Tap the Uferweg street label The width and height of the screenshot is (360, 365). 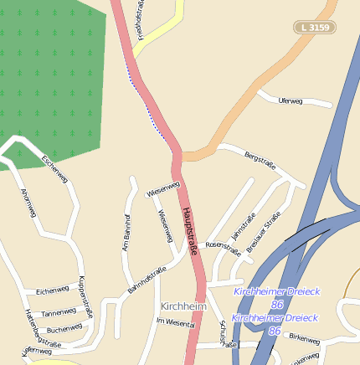pos(290,100)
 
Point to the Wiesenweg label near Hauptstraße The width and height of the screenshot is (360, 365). pos(163,191)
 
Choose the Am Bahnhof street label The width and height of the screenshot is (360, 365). pos(127,234)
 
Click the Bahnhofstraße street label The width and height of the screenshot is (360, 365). pos(147,280)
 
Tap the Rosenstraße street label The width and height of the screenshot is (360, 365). pos(223,247)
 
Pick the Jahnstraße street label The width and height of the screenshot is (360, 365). pos(243,225)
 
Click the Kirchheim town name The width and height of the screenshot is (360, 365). pos(183,306)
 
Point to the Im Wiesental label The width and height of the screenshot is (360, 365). pos(175,321)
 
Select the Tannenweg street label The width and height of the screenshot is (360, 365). pos(59,311)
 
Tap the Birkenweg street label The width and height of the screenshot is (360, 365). pos(302,338)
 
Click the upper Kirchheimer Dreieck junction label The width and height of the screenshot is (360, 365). pos(276,290)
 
